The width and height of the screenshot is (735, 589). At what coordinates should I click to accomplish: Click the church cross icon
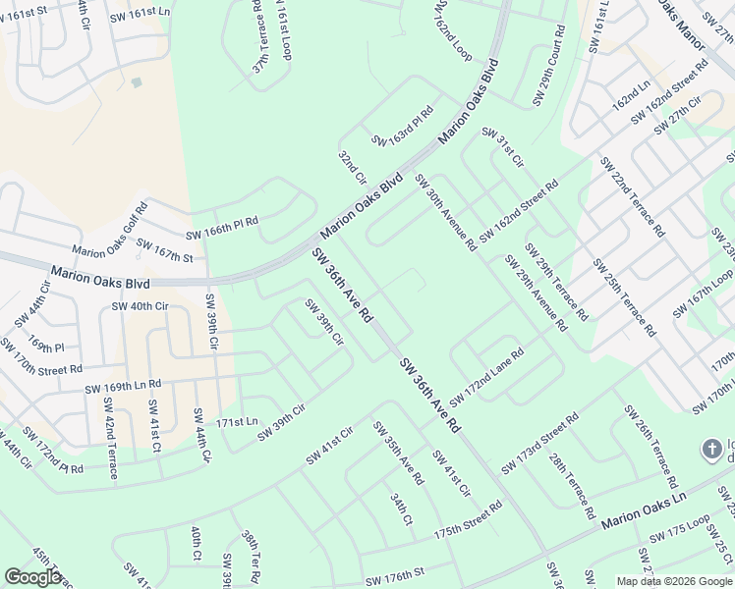pyautogui.click(x=711, y=450)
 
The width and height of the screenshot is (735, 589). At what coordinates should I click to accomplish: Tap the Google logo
pyautogui.click(x=32, y=577)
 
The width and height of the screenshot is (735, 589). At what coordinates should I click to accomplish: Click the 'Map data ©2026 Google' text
pyautogui.click(x=673, y=581)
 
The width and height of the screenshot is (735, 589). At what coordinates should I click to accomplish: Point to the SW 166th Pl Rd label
pyautogui.click(x=222, y=228)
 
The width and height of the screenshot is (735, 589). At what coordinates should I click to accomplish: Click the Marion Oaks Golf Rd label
pyautogui.click(x=109, y=232)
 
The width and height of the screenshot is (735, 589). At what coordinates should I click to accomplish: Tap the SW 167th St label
pyautogui.click(x=164, y=250)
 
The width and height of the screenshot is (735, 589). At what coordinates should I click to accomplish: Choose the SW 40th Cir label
pyautogui.click(x=141, y=306)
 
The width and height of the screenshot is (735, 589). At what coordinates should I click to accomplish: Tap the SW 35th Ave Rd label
pyautogui.click(x=397, y=453)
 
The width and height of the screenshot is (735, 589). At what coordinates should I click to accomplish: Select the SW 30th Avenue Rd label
pyautogui.click(x=445, y=211)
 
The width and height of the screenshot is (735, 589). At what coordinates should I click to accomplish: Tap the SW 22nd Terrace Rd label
pyautogui.click(x=633, y=196)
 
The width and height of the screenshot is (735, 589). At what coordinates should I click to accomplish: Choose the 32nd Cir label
pyautogui.click(x=352, y=168)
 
